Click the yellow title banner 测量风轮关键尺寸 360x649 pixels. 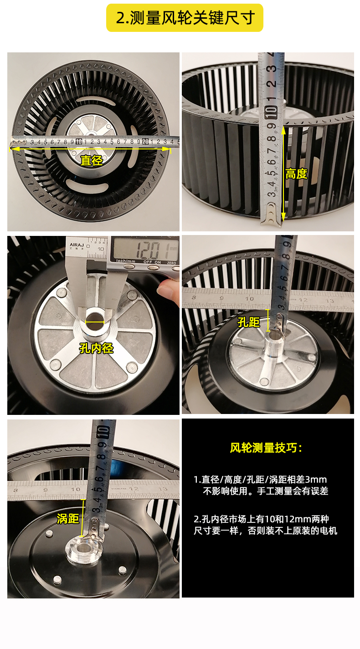tap(185, 18)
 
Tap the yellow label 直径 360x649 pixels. tap(92, 160)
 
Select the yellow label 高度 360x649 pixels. tap(296, 174)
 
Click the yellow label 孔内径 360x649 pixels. tap(96, 348)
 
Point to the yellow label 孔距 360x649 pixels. tap(249, 322)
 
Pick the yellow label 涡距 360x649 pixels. tap(68, 519)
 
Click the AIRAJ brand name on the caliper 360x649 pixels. tap(77, 245)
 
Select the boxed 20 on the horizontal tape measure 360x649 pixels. tap(145, 142)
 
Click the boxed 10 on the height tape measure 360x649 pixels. tap(271, 112)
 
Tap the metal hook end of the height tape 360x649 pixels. tap(271, 215)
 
